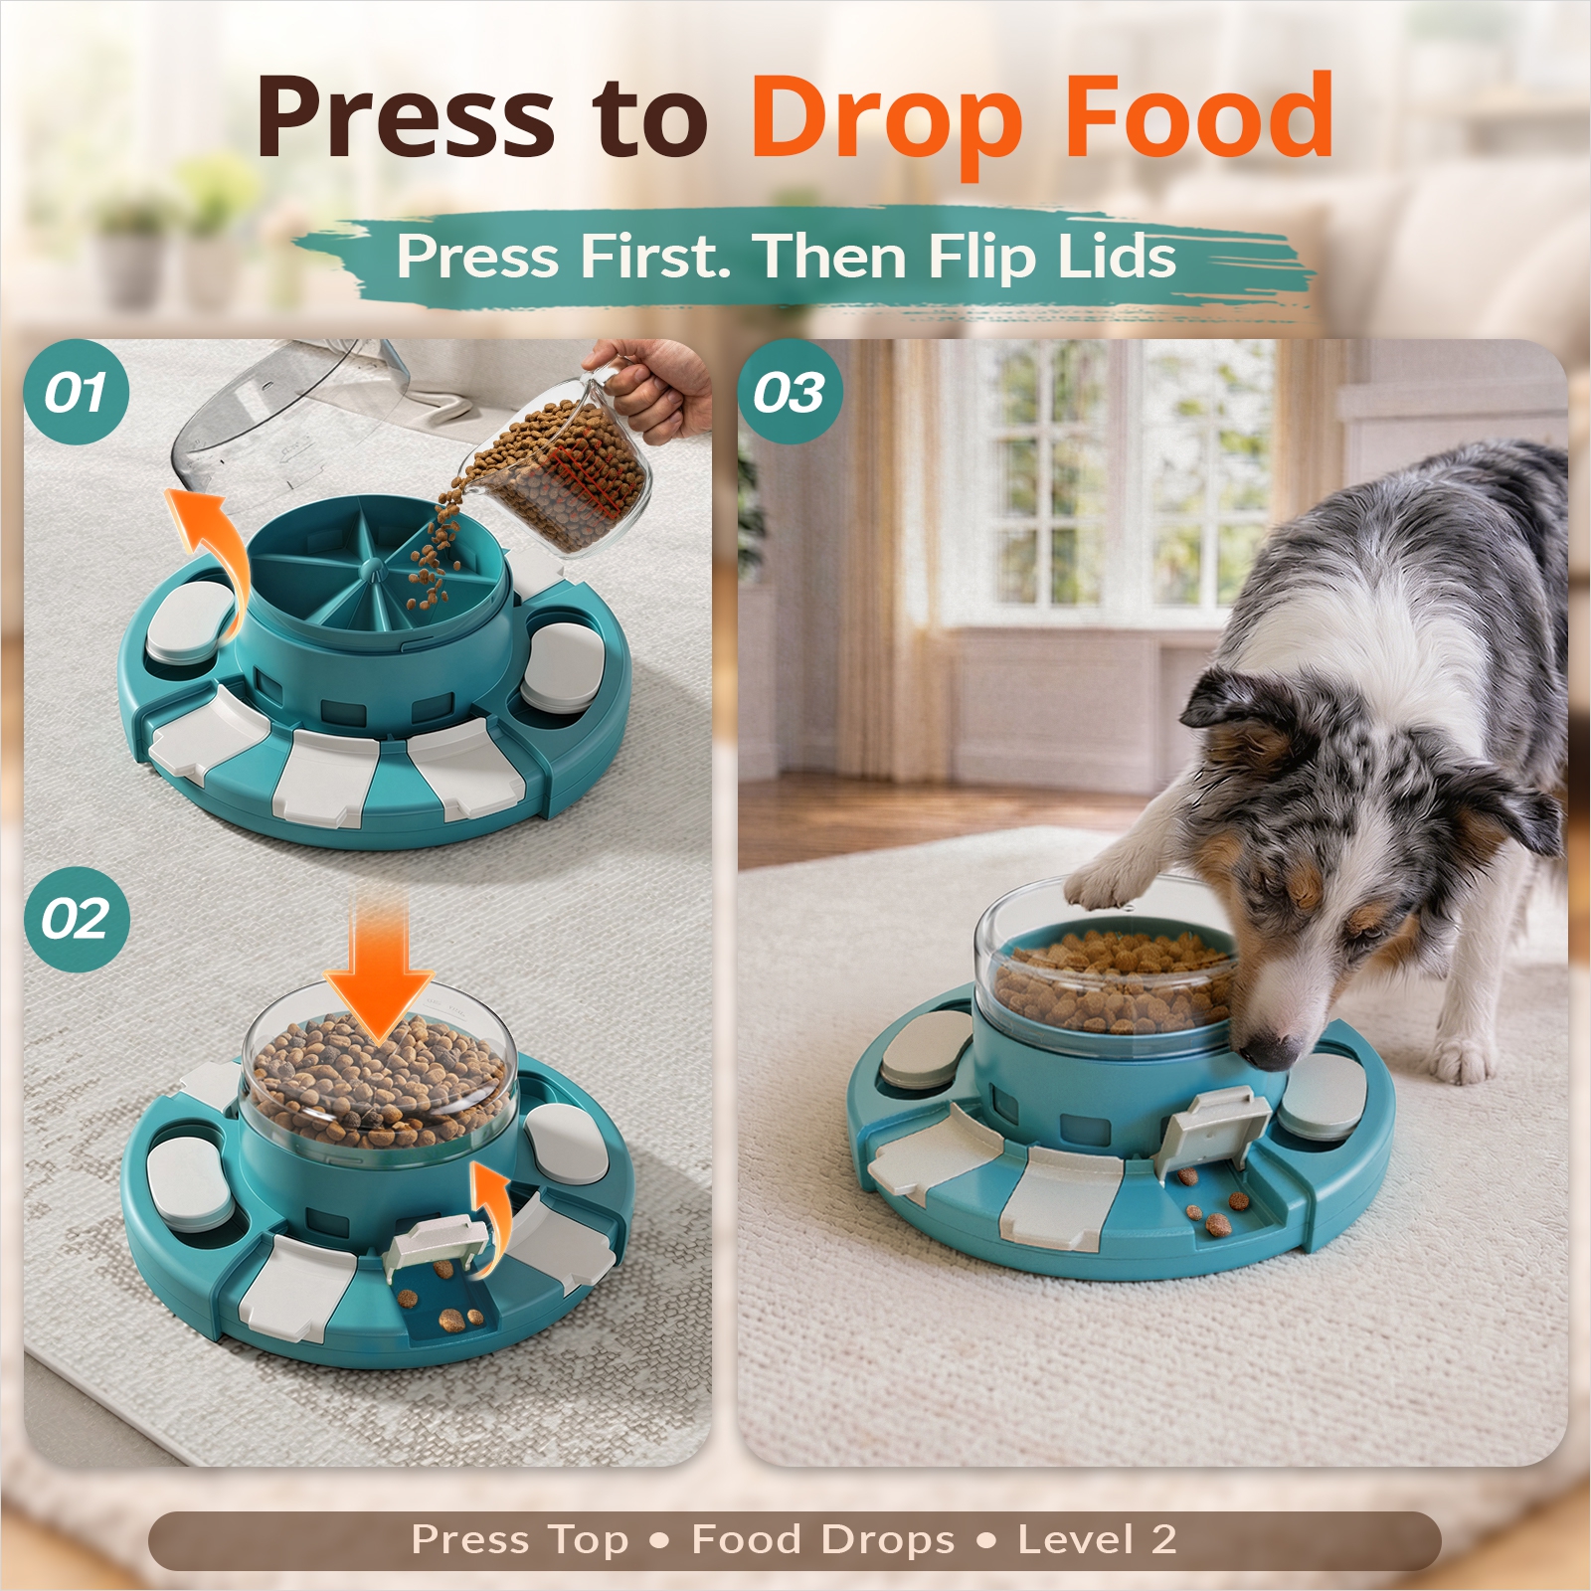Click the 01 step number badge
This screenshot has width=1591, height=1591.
[77, 392]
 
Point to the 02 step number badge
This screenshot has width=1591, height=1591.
[77, 919]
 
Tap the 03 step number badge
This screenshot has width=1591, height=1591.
[790, 392]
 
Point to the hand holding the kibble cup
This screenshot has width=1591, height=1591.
[651, 384]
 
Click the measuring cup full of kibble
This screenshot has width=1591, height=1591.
[557, 467]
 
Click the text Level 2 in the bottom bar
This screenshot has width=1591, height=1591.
[1097, 1540]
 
